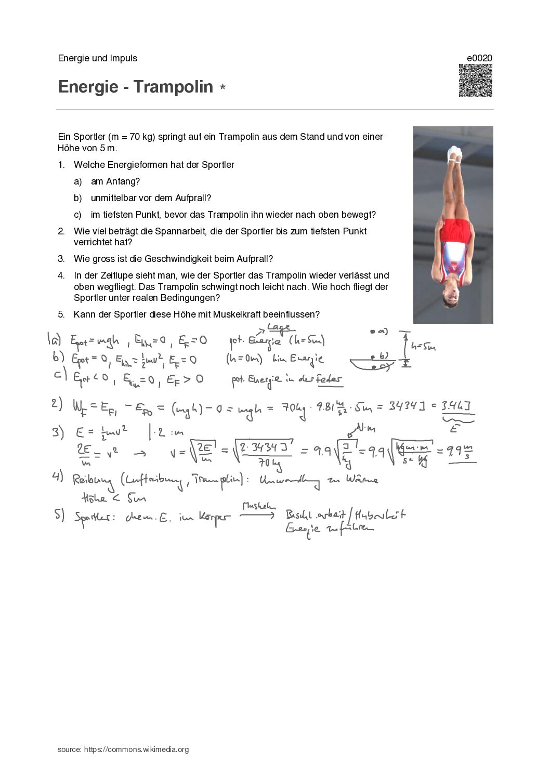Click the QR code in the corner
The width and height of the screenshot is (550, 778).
475,81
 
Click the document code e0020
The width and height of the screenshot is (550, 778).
479,58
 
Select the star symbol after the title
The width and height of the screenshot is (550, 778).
222,87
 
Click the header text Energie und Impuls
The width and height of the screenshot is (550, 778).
98,58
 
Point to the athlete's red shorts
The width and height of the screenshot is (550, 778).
456,231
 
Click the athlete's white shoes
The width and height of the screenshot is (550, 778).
455,154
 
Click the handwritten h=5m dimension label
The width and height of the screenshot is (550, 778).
422,347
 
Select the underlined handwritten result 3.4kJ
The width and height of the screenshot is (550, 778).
457,406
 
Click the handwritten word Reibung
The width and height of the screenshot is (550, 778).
92,480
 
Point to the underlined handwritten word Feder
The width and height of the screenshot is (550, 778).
330,379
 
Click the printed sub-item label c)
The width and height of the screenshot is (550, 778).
78,215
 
